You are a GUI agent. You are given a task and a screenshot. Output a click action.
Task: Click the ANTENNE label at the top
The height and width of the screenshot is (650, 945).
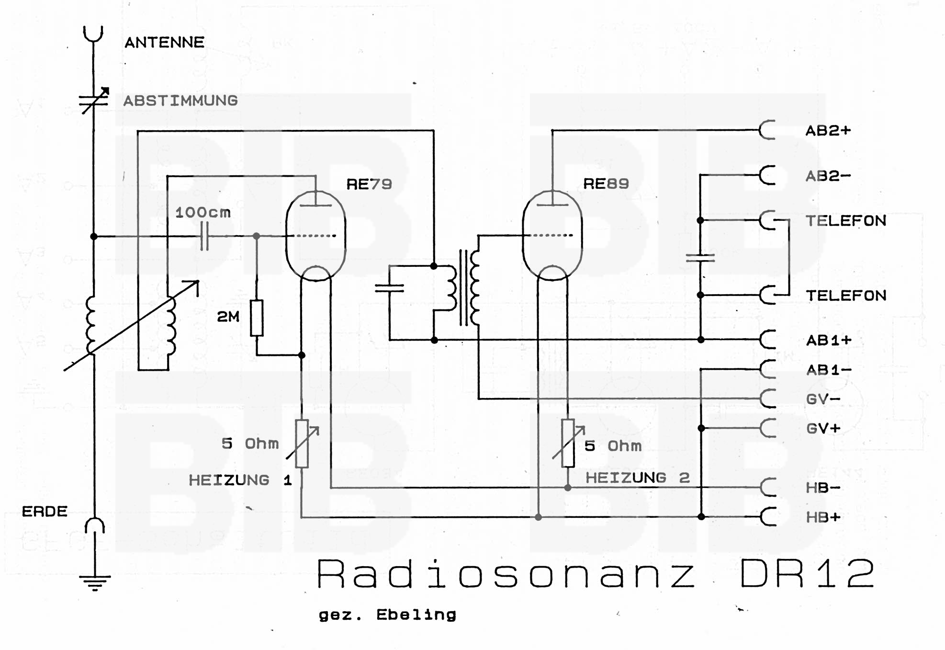(164, 43)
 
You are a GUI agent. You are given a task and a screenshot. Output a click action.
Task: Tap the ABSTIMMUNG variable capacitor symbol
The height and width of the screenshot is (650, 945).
(94, 101)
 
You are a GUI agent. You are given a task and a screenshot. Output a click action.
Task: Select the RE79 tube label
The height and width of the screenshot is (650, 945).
(369, 184)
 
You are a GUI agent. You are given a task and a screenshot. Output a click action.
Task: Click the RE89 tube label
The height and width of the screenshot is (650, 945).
(606, 183)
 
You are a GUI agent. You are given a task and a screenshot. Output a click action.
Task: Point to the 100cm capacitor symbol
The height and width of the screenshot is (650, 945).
(204, 236)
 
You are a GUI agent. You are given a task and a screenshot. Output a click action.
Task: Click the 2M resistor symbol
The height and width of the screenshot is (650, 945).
(257, 318)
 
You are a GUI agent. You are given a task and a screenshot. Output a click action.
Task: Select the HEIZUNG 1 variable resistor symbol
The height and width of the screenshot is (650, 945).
(302, 444)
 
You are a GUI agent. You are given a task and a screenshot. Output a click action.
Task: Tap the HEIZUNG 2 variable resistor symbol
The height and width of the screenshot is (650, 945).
(568, 443)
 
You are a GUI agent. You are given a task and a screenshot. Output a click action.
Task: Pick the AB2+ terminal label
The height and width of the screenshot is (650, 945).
(828, 131)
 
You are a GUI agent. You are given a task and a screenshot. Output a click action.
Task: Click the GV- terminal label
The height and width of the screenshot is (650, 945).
(823, 399)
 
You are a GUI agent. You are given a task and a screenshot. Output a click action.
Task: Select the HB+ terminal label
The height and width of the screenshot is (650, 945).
(823, 517)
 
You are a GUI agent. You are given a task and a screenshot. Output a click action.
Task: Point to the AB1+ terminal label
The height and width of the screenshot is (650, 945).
(829, 341)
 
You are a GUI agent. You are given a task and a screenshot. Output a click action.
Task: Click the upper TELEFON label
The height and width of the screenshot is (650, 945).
(846, 221)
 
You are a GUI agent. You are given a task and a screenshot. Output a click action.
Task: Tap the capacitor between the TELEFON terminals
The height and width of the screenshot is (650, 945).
(700, 258)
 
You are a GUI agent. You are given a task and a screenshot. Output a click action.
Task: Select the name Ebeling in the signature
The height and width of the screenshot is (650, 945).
(416, 615)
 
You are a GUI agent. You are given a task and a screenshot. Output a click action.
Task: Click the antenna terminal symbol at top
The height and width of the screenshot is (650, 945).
(93, 35)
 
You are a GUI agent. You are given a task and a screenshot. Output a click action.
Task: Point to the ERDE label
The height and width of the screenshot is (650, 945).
(45, 512)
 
